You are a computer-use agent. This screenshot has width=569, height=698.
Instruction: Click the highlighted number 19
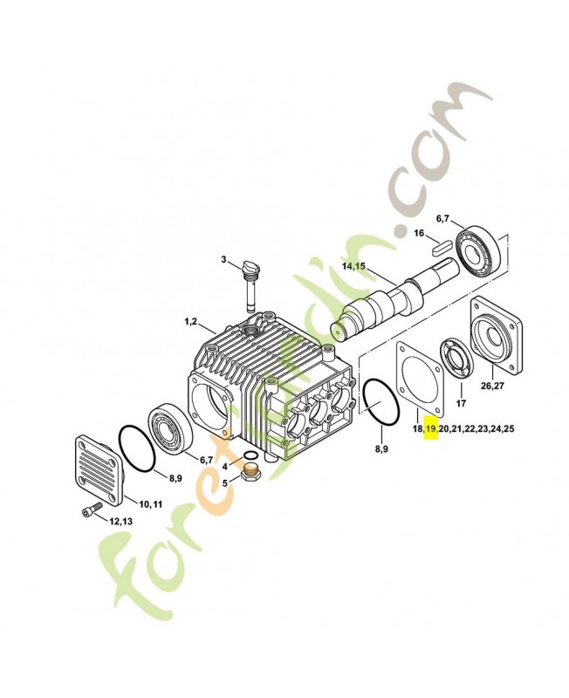click(430, 428)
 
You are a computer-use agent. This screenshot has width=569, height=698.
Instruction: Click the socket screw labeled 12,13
click(93, 511)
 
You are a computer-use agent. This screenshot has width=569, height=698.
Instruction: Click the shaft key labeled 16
click(442, 246)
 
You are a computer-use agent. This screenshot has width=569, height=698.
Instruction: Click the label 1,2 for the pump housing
click(190, 322)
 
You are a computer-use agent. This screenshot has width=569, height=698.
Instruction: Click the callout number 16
click(421, 233)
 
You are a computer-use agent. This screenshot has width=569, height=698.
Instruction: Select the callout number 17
click(461, 404)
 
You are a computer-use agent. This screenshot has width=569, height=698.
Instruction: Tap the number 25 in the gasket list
click(510, 428)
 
